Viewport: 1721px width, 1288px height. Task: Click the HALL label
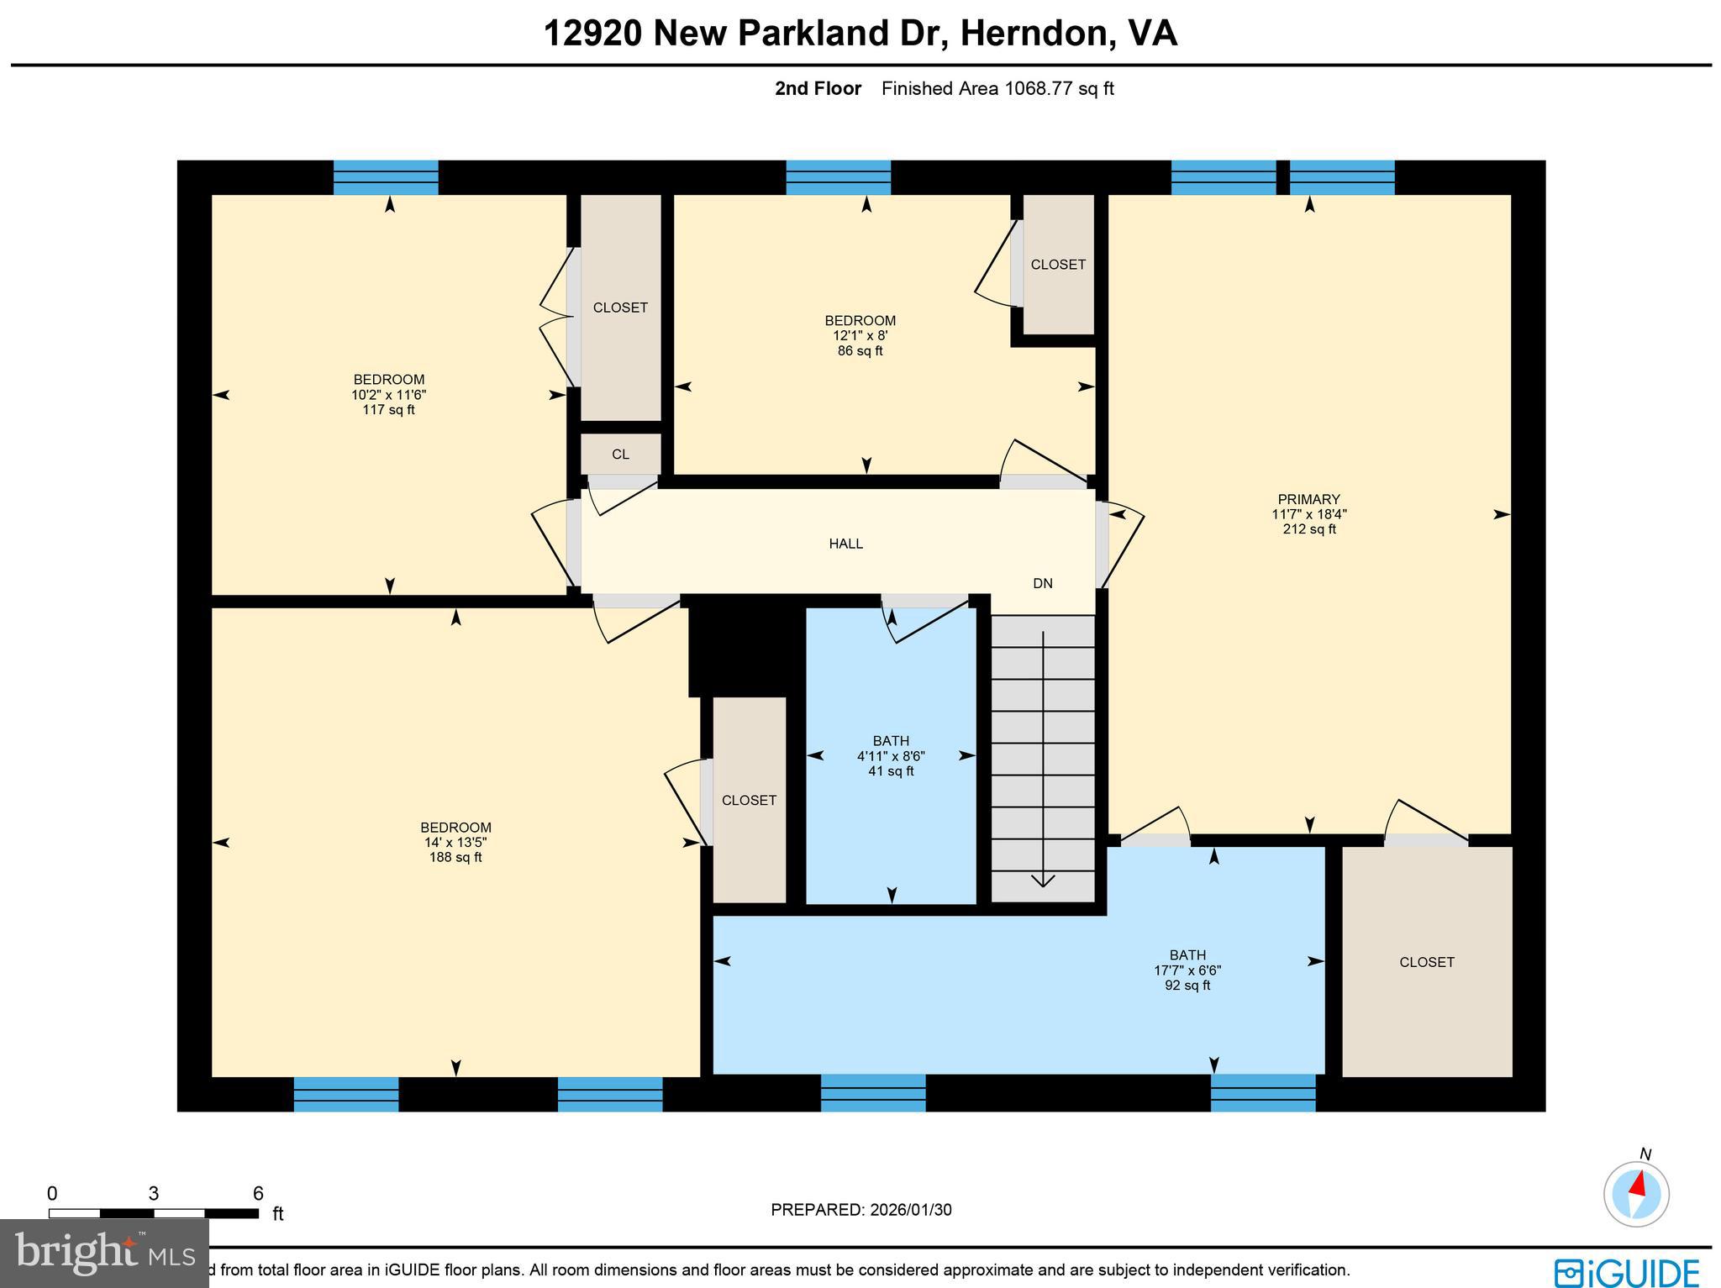(x=845, y=544)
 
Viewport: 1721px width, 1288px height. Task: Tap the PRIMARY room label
(x=1308, y=499)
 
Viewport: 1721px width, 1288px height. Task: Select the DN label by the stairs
(x=1042, y=583)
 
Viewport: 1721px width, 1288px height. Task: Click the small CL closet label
(x=620, y=455)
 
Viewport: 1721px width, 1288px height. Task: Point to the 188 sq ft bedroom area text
(x=455, y=858)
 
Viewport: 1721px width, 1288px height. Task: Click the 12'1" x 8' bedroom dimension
(x=860, y=335)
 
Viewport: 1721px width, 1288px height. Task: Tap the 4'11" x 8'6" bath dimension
(x=891, y=756)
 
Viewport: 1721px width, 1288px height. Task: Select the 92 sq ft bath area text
(x=1187, y=986)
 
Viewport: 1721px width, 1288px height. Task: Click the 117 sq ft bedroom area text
(x=388, y=410)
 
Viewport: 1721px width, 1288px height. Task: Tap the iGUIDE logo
(x=1627, y=1271)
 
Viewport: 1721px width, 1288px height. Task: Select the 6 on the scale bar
(x=258, y=1194)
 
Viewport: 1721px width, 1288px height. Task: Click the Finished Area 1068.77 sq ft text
(x=997, y=89)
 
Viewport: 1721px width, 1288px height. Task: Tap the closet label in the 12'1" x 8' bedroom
(x=1058, y=265)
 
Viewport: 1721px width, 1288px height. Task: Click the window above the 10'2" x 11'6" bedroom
(x=386, y=177)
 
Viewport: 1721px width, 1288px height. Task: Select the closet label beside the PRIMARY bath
(x=1426, y=962)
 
